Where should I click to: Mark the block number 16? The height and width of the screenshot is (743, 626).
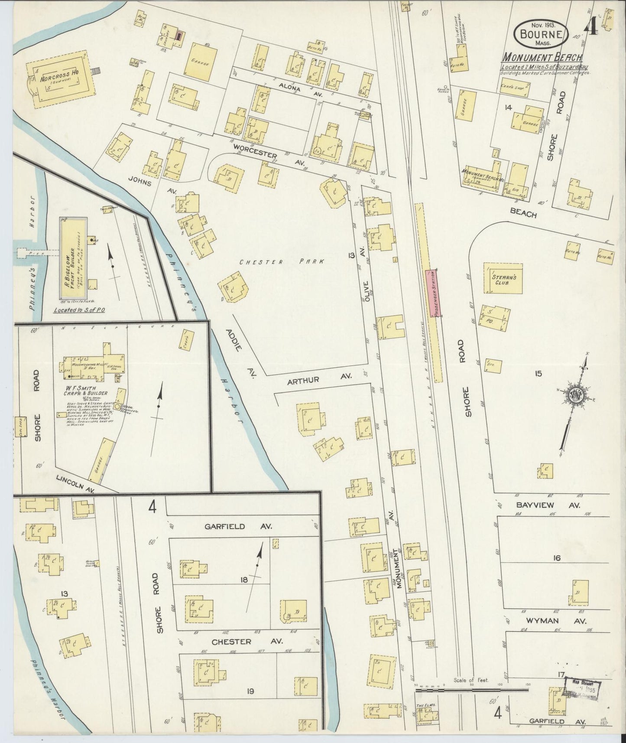pyautogui.click(x=556, y=558)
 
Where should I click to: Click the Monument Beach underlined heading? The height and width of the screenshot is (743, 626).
pyautogui.click(x=542, y=58)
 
